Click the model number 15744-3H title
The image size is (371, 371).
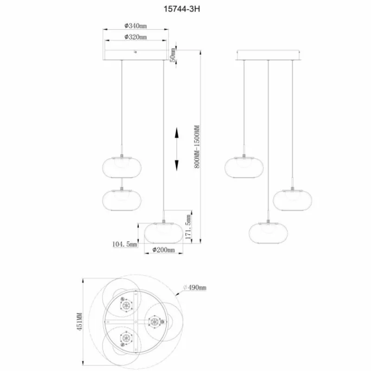pyautogui.click(x=182, y=9)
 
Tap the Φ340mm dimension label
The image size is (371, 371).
pyautogui.click(x=135, y=26)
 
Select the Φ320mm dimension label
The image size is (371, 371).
pyautogui.click(x=135, y=37)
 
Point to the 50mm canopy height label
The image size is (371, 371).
pyautogui.click(x=173, y=55)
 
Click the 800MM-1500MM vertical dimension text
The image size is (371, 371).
pyautogui.click(x=197, y=147)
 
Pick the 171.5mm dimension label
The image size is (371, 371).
pyautogui.click(x=188, y=227)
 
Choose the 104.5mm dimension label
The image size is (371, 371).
pyautogui.click(x=125, y=244)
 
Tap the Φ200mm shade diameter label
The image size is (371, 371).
pyautogui.click(x=164, y=249)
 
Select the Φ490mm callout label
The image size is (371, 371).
pyautogui.click(x=195, y=288)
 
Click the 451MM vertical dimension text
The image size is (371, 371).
pyautogui.click(x=80, y=321)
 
